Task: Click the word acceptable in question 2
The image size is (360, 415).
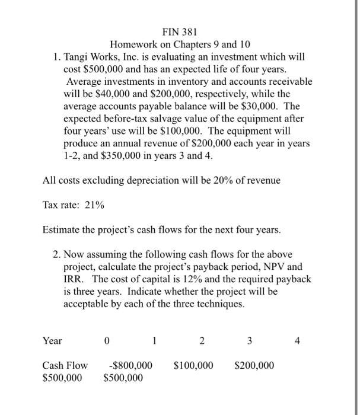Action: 88,304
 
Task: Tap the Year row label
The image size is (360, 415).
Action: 52,341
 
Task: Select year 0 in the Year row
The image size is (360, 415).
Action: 106,341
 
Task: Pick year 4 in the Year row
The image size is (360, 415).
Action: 297,341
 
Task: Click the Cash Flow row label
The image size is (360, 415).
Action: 65,365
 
